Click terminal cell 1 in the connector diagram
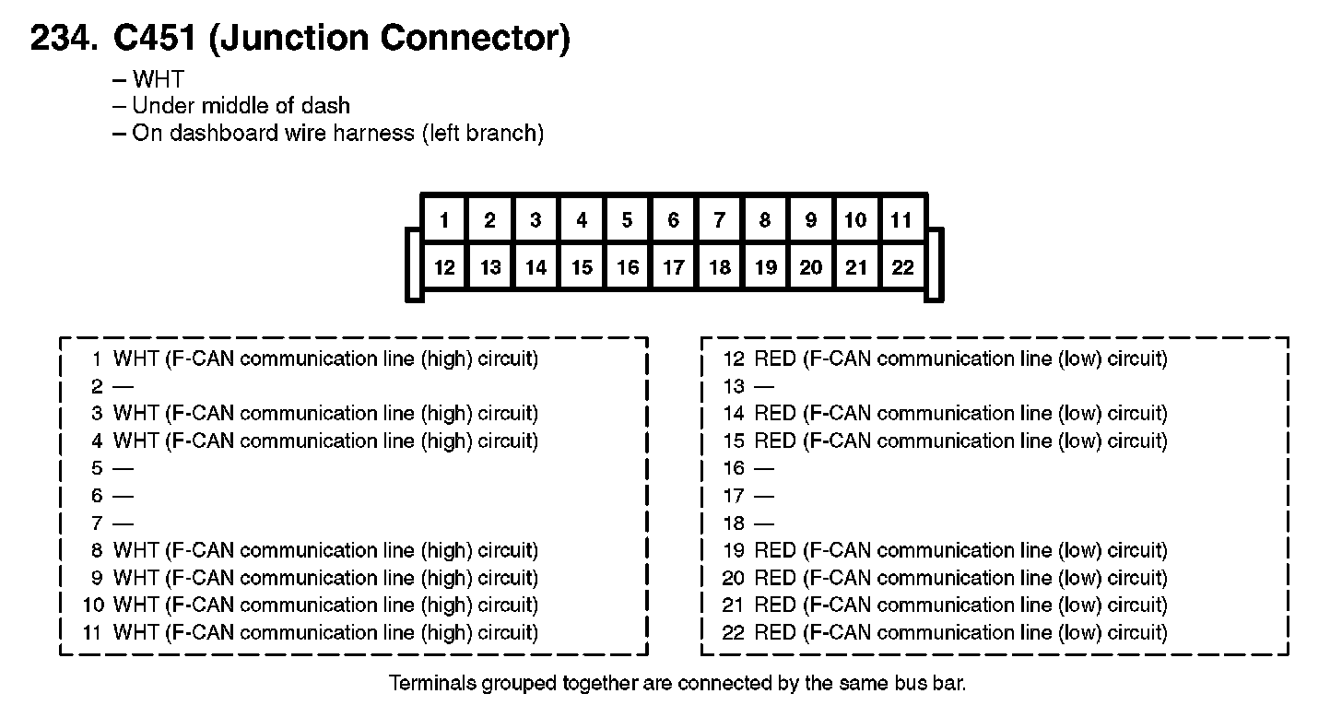point(444,219)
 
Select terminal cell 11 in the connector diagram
point(901,219)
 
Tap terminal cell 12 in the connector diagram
point(444,266)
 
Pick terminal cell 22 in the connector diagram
point(902,266)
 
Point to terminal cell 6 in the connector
point(674,219)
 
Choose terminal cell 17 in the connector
point(674,266)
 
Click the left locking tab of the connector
point(414,264)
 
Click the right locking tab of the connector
point(935,264)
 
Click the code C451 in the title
point(155,37)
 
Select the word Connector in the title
point(475,39)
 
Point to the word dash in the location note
point(325,105)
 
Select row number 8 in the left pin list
point(97,550)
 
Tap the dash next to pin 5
point(123,468)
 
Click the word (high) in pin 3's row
point(446,413)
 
